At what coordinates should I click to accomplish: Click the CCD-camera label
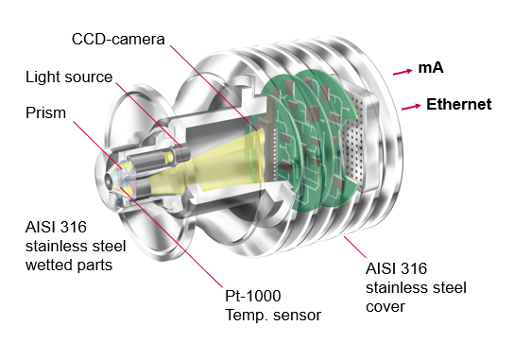[x=118, y=40]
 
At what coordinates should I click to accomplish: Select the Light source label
[x=69, y=77]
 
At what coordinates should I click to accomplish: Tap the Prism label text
[x=45, y=112]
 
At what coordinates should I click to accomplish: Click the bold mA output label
[x=431, y=67]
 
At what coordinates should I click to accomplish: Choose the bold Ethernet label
[x=459, y=104]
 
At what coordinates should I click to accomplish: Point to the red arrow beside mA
[x=403, y=72]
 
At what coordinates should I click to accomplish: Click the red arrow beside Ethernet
[x=411, y=107]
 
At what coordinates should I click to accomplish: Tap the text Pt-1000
[x=252, y=296]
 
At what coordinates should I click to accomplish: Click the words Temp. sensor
[x=273, y=315]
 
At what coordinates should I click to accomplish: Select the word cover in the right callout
[x=385, y=307]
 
